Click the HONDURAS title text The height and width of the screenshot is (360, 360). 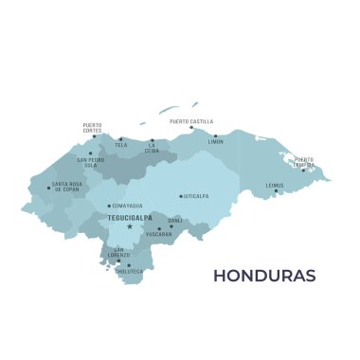[264, 277]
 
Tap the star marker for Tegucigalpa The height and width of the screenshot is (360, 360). [129, 226]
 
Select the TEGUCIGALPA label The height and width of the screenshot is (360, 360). [131, 217]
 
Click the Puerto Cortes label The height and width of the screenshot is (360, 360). [92, 127]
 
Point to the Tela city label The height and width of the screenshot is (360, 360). [121, 146]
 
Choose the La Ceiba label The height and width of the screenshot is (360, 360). [152, 149]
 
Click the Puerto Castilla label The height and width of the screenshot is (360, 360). [191, 121]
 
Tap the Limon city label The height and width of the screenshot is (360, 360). [216, 141]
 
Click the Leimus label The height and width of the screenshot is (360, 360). [275, 185]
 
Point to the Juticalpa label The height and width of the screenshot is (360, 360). [195, 196]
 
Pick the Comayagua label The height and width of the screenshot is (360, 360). [127, 205]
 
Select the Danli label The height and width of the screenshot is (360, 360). [175, 220]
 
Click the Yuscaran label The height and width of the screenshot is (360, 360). [158, 233]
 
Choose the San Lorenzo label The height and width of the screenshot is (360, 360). [117, 252]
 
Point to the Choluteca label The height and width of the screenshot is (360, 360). [130, 271]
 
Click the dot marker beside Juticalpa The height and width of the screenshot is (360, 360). [180, 196]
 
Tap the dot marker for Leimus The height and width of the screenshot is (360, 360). [276, 190]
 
